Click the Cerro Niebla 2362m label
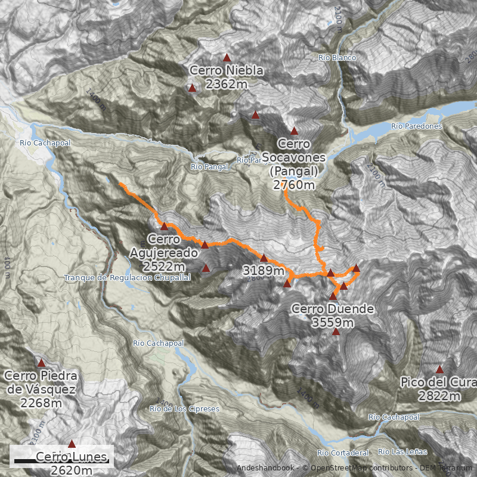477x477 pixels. [227, 78]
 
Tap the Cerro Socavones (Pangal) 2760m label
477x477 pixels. [294, 165]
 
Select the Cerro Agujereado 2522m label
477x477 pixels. [164, 253]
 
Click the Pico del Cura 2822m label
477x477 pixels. [439, 389]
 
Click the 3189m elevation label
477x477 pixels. [264, 271]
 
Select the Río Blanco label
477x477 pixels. [337, 58]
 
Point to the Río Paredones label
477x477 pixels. [416, 126]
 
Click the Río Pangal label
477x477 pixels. [209, 167]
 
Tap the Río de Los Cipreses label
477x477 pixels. [184, 409]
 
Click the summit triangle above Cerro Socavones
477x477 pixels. [294, 131]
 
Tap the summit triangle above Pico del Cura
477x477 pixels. [440, 369]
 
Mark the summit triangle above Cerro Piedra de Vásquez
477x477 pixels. [42, 363]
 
